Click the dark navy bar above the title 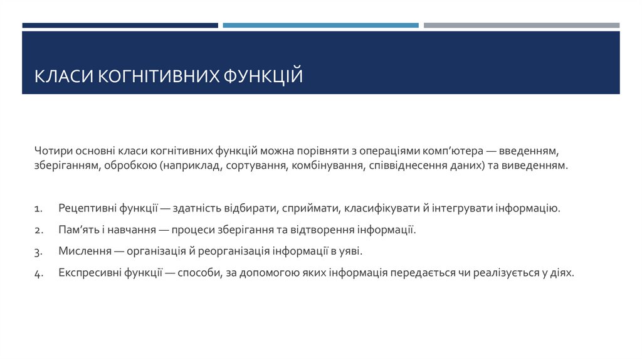pos(120,26)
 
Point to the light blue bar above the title pos(320,26)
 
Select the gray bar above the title pos(521,26)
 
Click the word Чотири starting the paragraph pos(53,151)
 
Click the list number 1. pos(38,208)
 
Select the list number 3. pos(38,252)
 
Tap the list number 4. pos(38,274)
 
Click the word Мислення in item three pos(83,251)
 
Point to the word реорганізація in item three pos(233,251)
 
